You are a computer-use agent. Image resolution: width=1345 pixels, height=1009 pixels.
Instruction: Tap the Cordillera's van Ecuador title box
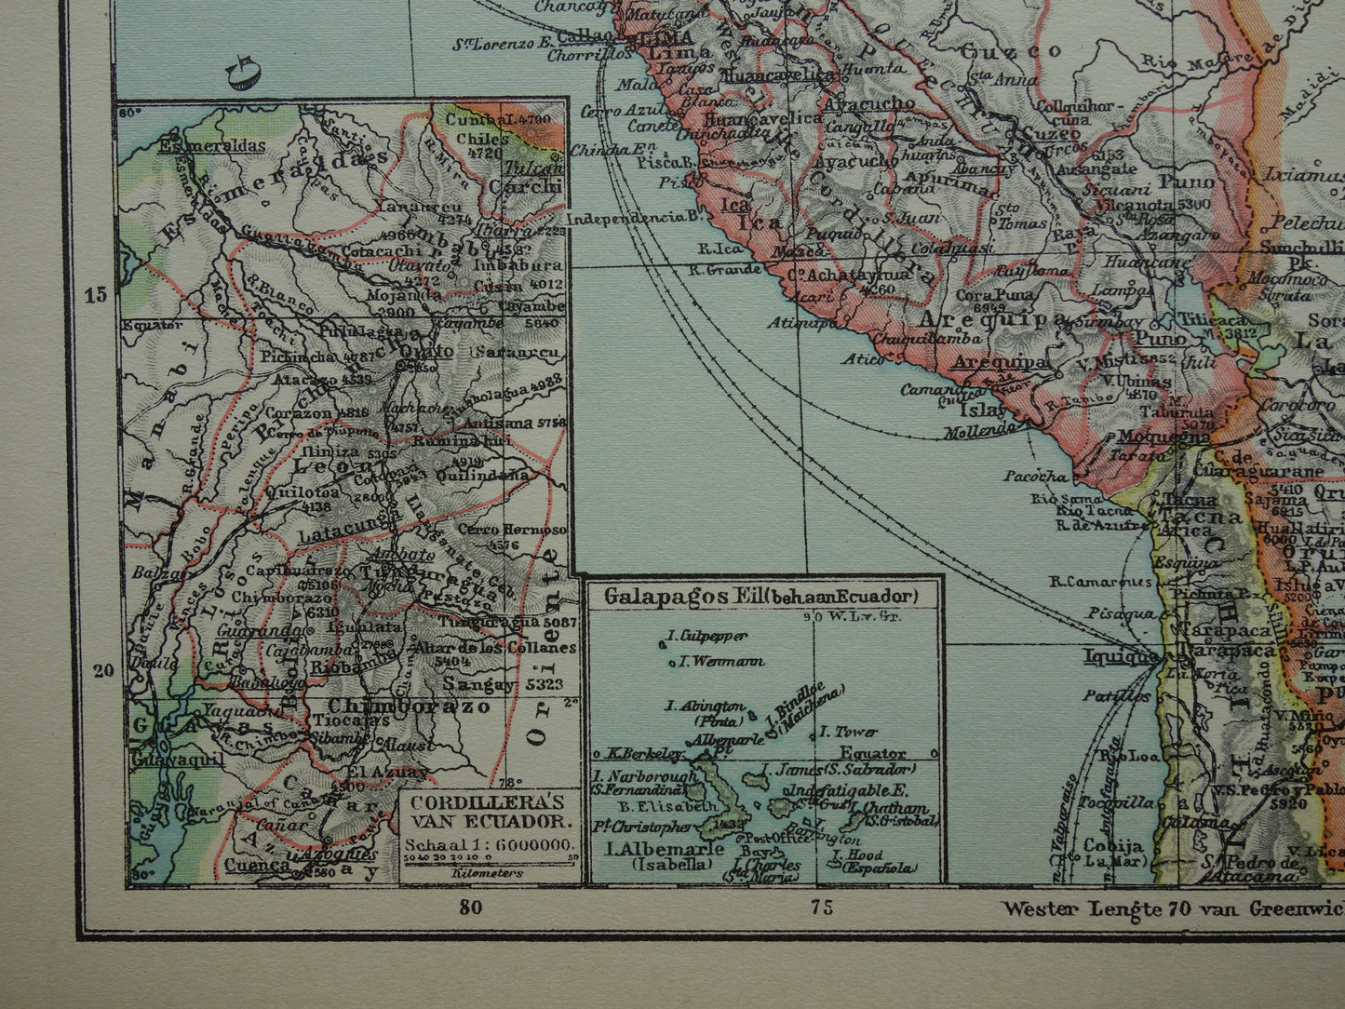click(x=488, y=812)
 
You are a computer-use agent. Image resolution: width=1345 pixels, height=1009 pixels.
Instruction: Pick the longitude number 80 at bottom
click(x=471, y=908)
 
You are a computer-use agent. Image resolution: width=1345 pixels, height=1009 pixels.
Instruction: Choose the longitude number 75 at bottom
click(x=821, y=908)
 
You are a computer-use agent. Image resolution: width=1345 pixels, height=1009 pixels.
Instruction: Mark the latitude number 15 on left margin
click(x=95, y=295)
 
